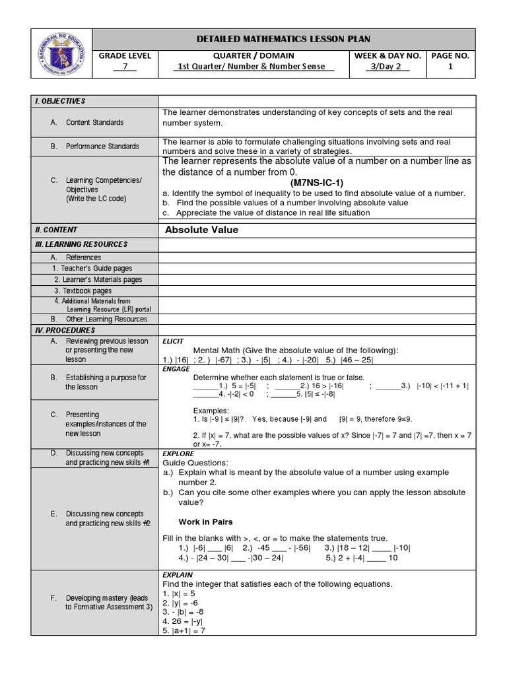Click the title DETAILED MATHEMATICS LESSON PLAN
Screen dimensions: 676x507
coord(283,39)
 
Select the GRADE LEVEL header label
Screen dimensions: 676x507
coord(125,56)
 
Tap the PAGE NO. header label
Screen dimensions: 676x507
coord(450,56)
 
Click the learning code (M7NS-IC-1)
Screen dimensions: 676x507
coord(316,182)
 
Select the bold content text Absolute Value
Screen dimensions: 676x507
coord(201,230)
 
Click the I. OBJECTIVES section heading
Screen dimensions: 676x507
coord(60,100)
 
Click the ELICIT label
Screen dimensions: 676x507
coord(172,341)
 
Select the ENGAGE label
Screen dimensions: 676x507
coord(175,369)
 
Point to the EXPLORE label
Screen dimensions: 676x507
coord(178,454)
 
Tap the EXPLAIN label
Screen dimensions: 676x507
coord(177,575)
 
